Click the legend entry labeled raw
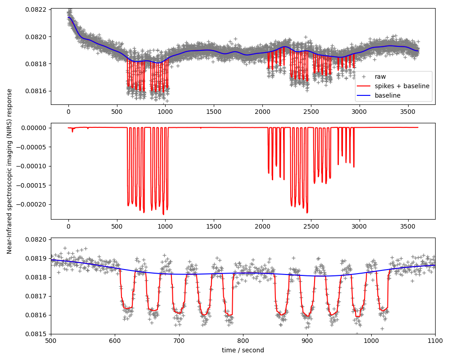tap(380, 76)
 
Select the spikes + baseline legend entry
tap(402, 86)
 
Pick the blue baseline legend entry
tap(387, 95)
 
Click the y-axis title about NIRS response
tap(9, 171)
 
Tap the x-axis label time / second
tap(243, 350)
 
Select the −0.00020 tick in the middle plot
tap(31, 204)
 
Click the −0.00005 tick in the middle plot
tap(31, 147)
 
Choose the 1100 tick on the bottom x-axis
tap(435, 341)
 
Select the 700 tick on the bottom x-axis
tap(179, 341)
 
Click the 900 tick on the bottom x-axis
tap(307, 341)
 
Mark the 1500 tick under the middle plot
tap(214, 226)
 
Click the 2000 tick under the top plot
tap(262, 111)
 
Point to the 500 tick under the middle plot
tap(117, 226)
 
